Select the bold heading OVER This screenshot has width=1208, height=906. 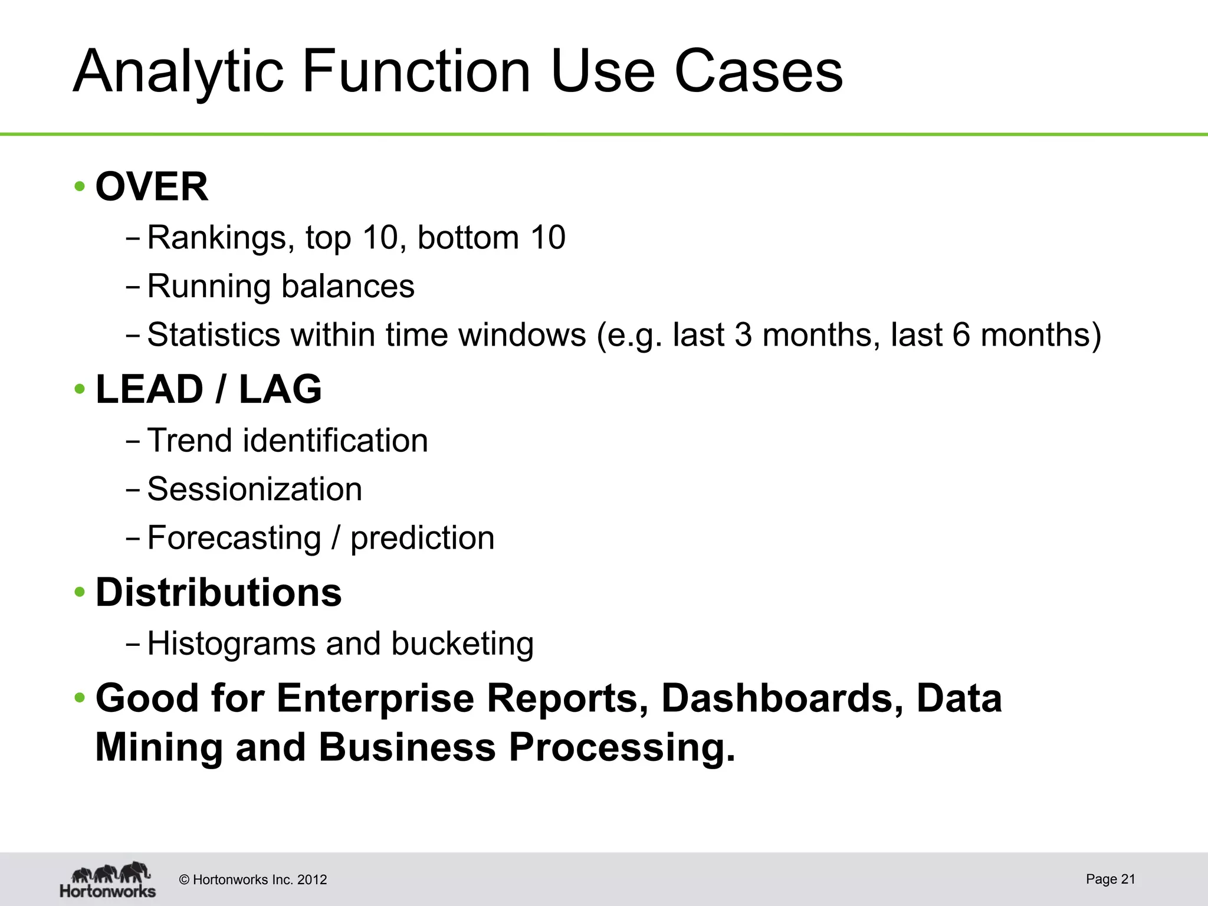(x=152, y=187)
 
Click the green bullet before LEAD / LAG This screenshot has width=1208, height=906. (x=80, y=389)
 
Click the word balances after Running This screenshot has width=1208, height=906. (x=347, y=286)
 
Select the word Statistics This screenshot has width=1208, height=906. (x=213, y=334)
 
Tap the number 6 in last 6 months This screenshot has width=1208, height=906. (x=961, y=334)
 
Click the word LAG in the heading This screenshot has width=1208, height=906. (x=280, y=389)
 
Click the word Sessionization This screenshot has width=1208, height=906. (x=254, y=489)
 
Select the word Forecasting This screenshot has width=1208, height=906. (x=234, y=538)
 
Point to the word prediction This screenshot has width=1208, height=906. (x=422, y=538)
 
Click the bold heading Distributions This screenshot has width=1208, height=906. (x=218, y=592)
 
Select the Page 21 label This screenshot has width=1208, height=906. (x=1110, y=879)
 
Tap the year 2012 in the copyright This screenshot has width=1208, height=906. (x=312, y=880)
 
